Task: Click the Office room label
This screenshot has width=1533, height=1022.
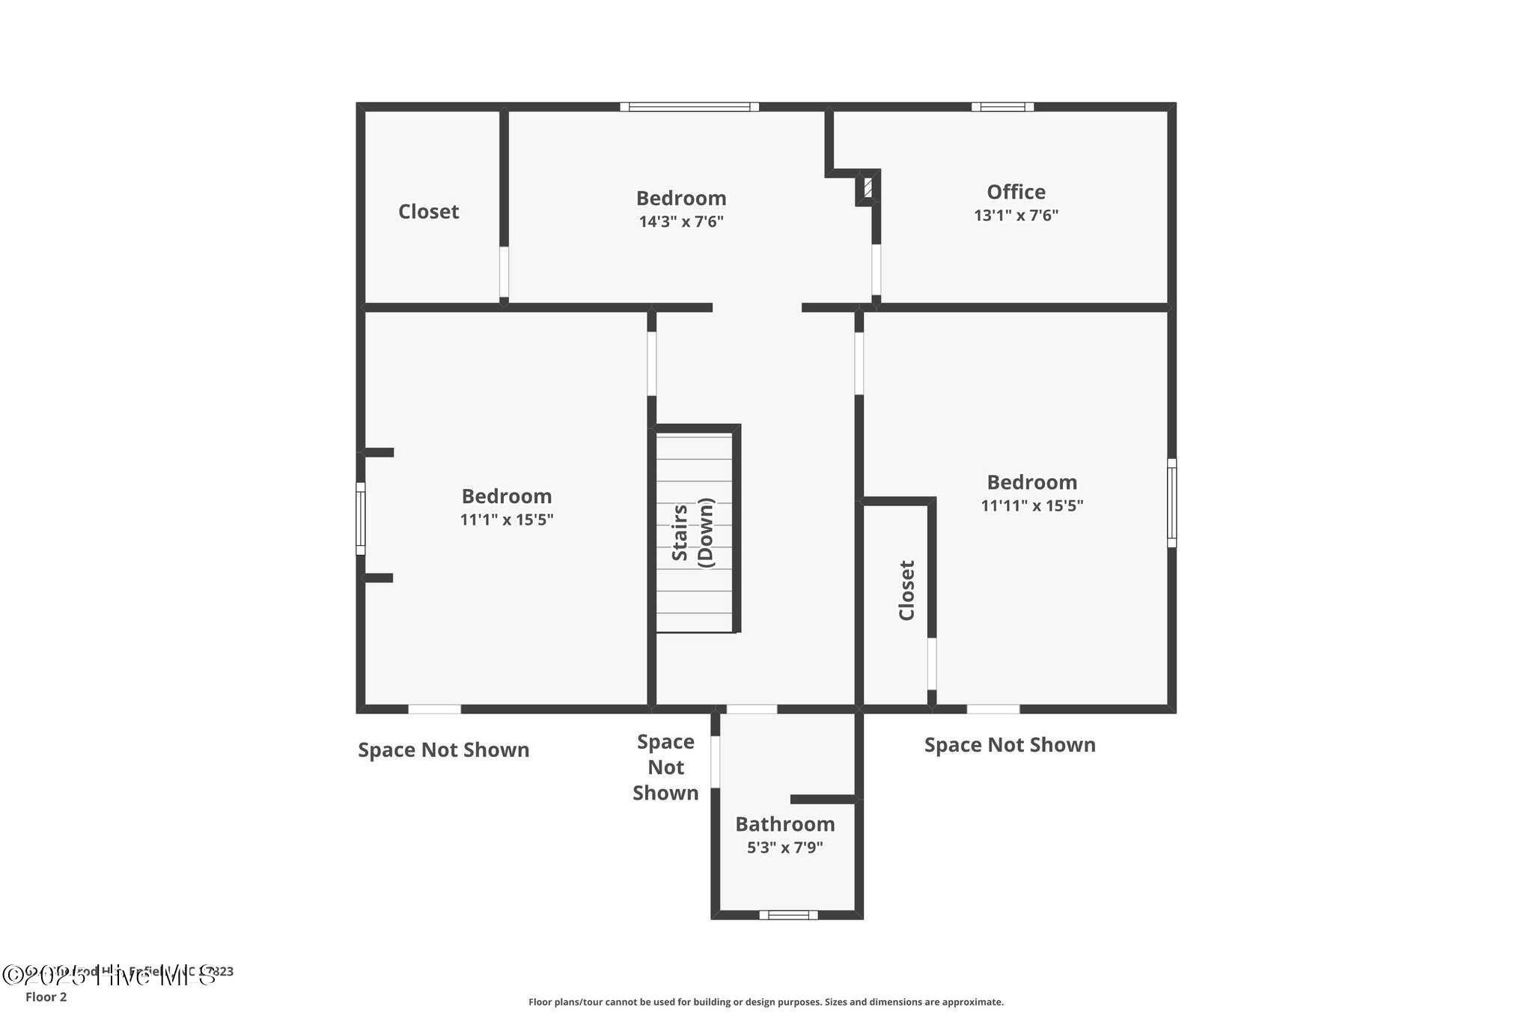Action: point(1016,192)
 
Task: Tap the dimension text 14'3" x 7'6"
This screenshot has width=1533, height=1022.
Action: point(681,222)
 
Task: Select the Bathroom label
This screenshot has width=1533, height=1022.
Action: point(784,824)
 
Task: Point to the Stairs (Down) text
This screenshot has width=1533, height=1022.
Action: point(693,532)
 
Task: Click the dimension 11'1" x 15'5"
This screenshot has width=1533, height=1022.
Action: point(507,520)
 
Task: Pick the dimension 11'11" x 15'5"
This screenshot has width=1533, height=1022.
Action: point(1031,505)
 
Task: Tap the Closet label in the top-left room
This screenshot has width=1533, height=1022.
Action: point(428,212)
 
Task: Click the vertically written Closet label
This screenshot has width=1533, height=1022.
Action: point(906,591)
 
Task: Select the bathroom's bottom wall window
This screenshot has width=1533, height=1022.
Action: point(788,914)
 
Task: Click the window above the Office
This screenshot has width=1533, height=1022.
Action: point(1002,107)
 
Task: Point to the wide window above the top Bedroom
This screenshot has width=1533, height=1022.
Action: point(689,107)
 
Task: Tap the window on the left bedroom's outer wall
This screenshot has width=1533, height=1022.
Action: point(361,518)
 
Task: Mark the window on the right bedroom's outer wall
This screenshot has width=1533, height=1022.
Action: point(1171,503)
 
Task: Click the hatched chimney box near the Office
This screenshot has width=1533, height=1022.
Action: point(867,187)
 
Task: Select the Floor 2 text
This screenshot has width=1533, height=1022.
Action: point(46,997)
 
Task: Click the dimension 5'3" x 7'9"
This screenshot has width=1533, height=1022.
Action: point(784,848)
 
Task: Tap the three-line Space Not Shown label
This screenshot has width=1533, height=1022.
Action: point(665,767)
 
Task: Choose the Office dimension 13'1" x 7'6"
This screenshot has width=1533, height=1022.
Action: point(1016,216)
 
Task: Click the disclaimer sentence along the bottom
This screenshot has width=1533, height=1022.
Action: point(766,1002)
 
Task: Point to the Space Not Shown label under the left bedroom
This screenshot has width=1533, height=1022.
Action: point(443,750)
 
